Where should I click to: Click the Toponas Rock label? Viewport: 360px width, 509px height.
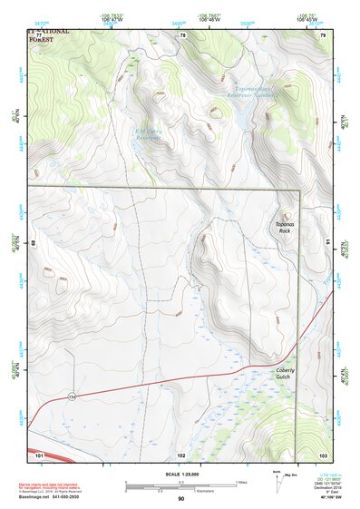(285, 228)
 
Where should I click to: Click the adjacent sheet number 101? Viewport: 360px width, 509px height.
(40, 453)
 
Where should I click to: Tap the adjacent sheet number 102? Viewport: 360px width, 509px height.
(181, 453)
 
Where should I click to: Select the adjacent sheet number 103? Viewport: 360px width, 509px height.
(322, 453)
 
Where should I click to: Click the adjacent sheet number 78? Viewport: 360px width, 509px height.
(181, 34)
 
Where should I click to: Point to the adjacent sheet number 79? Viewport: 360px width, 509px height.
(322, 34)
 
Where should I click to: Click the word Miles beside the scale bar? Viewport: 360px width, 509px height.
(241, 482)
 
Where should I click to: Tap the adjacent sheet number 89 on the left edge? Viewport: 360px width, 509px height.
(33, 243)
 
